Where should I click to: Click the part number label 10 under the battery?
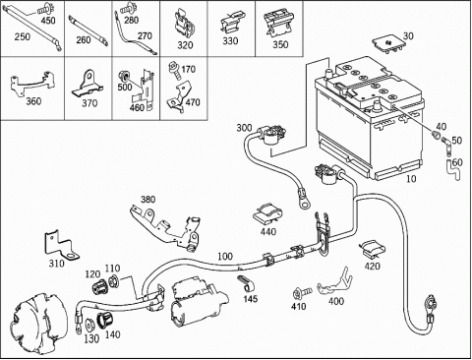point(411,179)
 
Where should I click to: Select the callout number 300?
point(244,128)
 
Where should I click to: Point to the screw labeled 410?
point(302,292)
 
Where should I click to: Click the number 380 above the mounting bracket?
point(148,200)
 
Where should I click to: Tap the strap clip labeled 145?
point(245,283)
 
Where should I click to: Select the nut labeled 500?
point(125,76)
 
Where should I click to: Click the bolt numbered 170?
point(174,70)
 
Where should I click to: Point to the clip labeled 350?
point(278,25)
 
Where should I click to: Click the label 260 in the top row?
point(84,40)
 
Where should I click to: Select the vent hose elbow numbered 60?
point(450,170)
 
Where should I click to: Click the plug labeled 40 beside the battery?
point(436,135)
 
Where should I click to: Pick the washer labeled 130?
point(88,326)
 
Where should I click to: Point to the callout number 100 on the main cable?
point(225,257)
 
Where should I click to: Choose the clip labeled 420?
point(373,250)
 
